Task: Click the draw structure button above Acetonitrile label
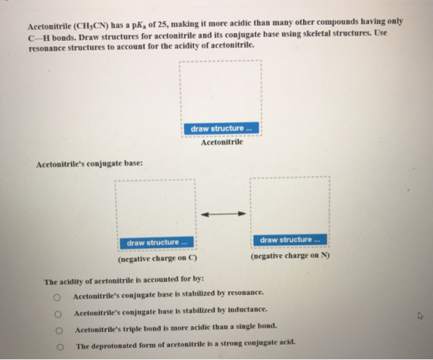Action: coord(221,128)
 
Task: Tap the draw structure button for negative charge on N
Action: coord(290,239)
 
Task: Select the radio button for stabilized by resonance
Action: coord(57,297)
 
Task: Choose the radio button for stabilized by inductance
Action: coord(58,314)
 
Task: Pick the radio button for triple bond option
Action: coord(59,331)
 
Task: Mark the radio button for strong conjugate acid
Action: coord(60,347)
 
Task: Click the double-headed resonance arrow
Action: coord(223,214)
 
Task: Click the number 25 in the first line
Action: coord(162,25)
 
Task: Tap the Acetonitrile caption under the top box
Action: coord(222,142)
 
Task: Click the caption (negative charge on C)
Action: coord(158,259)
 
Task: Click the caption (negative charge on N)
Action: coord(290,256)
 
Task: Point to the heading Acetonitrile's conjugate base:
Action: coord(90,164)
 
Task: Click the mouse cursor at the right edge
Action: coord(420,316)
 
